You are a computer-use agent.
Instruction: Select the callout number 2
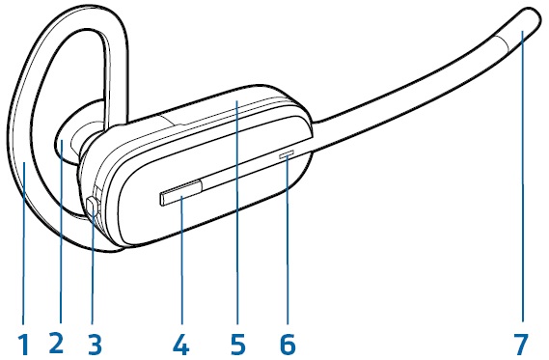(57, 342)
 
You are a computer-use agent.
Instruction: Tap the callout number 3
(94, 342)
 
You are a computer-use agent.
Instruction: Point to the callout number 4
(179, 342)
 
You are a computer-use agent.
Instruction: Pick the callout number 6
(287, 342)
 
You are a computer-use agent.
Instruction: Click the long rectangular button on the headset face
(180, 195)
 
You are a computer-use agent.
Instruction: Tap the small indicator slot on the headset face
(287, 152)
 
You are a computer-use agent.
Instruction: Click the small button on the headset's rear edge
(93, 206)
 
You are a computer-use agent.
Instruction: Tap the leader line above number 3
(94, 270)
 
